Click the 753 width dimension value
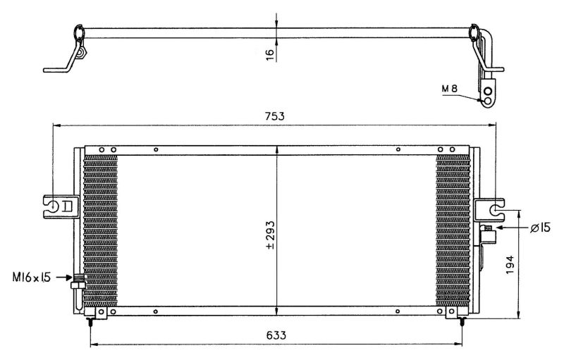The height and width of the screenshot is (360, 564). [274, 116]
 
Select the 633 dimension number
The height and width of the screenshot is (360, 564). [276, 335]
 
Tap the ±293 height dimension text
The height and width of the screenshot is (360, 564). [270, 235]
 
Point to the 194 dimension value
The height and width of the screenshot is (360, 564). [510, 265]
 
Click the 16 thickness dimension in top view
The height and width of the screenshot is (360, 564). [270, 54]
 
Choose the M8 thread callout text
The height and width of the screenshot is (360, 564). [450, 88]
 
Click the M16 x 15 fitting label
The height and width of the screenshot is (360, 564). [32, 278]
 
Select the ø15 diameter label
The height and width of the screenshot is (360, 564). [540, 228]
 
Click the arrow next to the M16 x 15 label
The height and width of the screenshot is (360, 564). [65, 278]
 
